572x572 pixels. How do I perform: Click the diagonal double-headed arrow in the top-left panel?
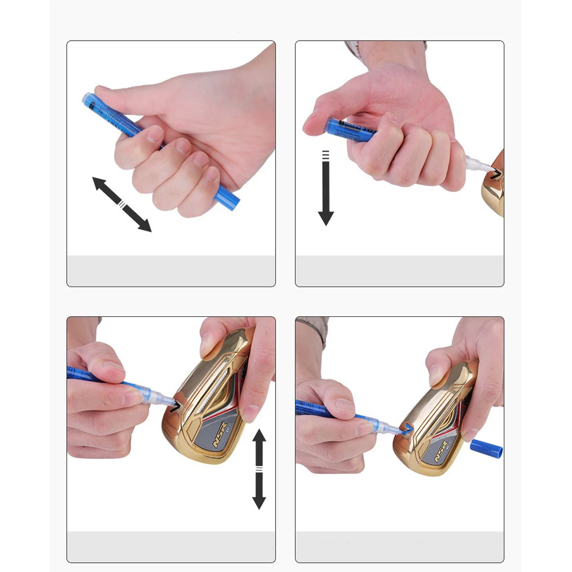[x=122, y=204]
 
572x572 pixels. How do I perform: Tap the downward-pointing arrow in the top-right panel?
[x=325, y=189]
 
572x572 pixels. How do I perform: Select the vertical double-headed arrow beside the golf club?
[x=259, y=468]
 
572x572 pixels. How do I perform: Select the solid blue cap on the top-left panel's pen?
[x=227, y=197]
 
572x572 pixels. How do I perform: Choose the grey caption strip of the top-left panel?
[x=171, y=271]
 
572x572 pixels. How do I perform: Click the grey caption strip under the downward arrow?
[x=399, y=271]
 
